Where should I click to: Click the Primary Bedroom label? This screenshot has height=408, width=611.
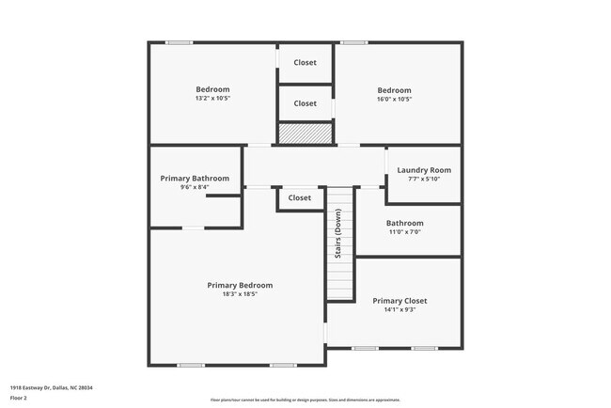tap(240, 285)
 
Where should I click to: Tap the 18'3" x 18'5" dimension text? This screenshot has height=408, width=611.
tap(240, 294)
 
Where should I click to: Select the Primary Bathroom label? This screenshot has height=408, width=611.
tap(195, 178)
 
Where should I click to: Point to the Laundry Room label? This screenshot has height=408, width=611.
tap(424, 170)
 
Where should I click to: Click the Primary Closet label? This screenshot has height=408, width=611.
tap(399, 301)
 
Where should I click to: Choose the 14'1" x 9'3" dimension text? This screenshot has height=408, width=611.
tap(399, 309)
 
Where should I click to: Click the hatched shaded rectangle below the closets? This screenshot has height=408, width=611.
tap(305, 133)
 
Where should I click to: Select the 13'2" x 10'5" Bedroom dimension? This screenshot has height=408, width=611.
tap(212, 99)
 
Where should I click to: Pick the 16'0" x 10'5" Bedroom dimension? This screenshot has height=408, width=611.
tap(394, 99)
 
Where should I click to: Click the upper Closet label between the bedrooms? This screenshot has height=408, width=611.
tap(305, 63)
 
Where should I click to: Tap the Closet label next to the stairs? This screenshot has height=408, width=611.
tap(300, 198)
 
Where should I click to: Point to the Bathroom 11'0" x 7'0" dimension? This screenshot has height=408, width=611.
tap(404, 232)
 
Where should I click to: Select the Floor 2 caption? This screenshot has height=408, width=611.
tap(20, 398)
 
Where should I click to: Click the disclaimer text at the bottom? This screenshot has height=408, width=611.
tap(305, 400)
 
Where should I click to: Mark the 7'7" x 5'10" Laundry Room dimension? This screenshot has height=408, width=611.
tap(424, 179)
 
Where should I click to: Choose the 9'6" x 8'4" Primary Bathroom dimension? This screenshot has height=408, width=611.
tap(195, 186)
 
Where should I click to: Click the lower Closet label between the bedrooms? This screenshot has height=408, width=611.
tap(305, 103)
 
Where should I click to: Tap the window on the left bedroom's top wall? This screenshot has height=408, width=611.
tap(180, 42)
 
